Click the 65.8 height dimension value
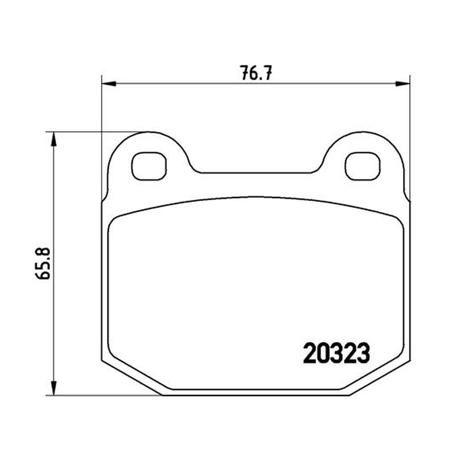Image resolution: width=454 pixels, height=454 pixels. point(43,263)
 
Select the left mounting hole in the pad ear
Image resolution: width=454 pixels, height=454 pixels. point(149,166)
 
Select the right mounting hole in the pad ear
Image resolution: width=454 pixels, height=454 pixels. point(362,166)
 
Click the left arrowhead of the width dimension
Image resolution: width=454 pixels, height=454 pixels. point(109,84)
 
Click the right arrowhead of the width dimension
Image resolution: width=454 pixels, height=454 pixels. point(403,84)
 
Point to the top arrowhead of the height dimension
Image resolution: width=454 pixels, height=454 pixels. point(53,140)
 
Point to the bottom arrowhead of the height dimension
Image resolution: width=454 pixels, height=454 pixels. point(53,388)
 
